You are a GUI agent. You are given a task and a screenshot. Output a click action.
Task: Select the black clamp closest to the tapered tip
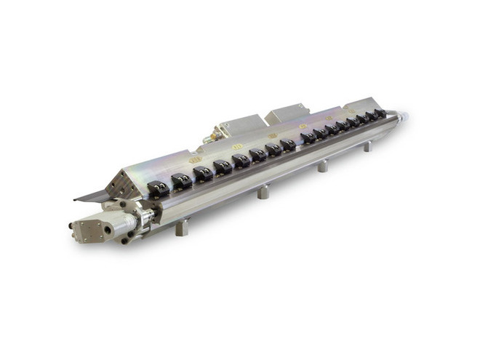(379, 113)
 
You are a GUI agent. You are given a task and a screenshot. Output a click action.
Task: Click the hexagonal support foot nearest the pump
(181, 227)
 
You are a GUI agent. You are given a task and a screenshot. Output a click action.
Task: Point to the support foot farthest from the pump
(367, 145)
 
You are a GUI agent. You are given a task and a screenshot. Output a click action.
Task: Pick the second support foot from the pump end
(263, 192)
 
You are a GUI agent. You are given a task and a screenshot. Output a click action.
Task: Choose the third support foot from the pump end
(322, 166)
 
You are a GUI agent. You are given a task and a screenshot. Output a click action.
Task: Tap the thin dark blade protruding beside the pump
(91, 196)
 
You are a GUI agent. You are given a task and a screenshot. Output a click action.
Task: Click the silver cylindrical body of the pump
(131, 223)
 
